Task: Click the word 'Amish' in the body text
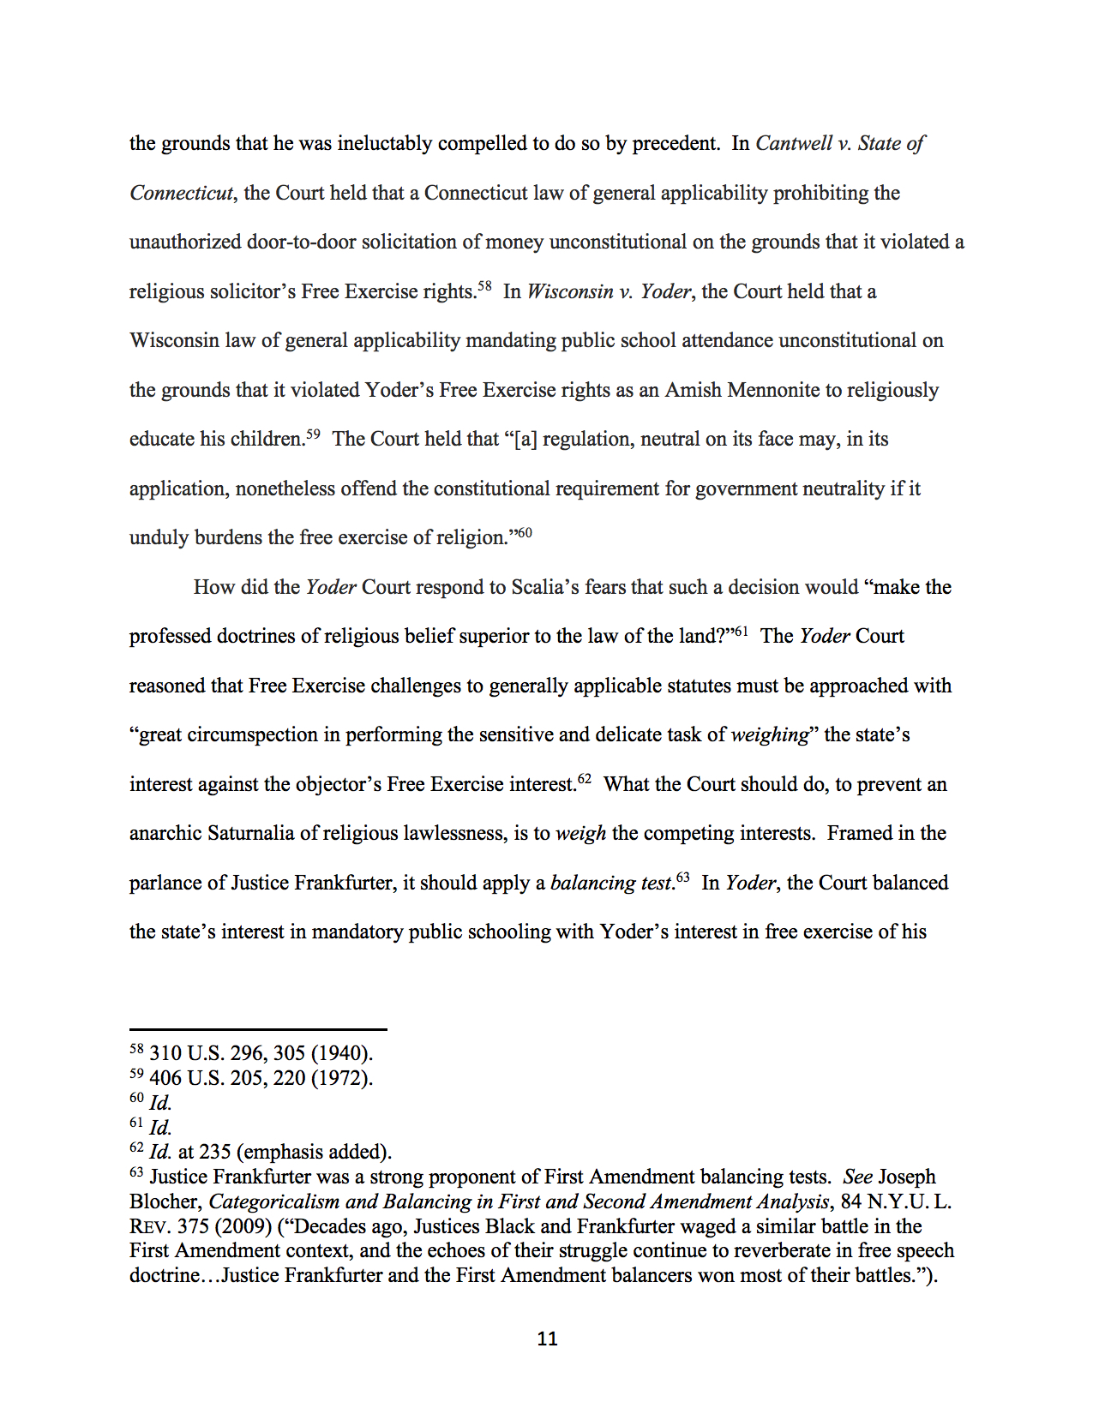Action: tap(693, 390)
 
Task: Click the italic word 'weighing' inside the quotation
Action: tap(770, 734)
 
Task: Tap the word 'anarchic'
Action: tap(165, 833)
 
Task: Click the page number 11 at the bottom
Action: tap(547, 1339)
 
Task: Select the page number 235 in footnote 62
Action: tap(215, 1152)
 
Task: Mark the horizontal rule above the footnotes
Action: tap(258, 1028)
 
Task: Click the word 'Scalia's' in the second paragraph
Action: tap(545, 587)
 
